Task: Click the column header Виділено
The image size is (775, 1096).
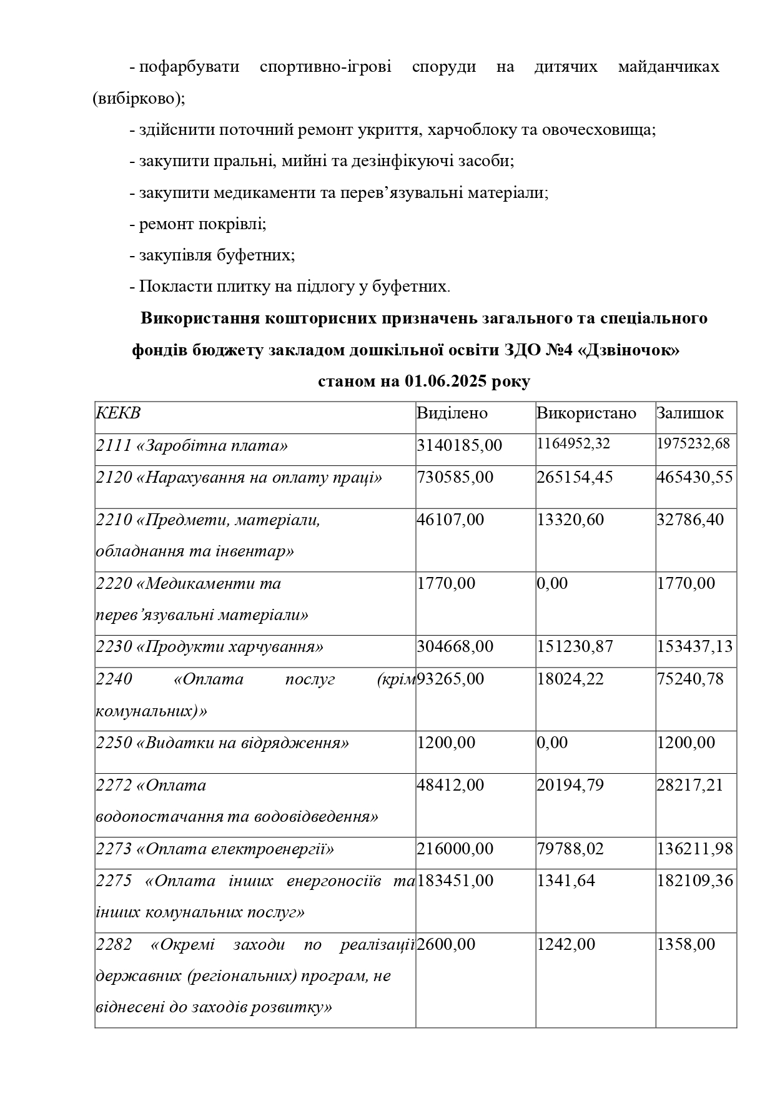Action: click(452, 413)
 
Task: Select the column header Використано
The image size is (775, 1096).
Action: click(586, 413)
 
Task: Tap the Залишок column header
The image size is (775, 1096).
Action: click(689, 413)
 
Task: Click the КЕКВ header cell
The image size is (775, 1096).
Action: click(118, 413)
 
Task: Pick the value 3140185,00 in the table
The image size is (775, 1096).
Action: click(459, 446)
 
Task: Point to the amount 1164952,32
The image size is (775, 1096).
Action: click(573, 444)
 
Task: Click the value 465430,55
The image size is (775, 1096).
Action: click(694, 478)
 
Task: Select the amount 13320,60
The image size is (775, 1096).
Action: click(570, 520)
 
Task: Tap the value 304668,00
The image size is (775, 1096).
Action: click(455, 647)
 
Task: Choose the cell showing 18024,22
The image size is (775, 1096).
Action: click(570, 679)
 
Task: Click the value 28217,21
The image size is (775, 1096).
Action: click(689, 786)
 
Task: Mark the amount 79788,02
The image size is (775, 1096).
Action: click(570, 849)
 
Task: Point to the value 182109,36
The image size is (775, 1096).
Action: click(694, 881)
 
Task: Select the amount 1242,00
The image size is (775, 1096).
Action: click(566, 945)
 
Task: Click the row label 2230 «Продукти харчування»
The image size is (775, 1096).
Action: click(210, 647)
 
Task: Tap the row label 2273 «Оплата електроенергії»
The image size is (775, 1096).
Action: click(215, 849)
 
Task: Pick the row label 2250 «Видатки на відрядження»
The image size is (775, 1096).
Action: click(222, 743)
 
